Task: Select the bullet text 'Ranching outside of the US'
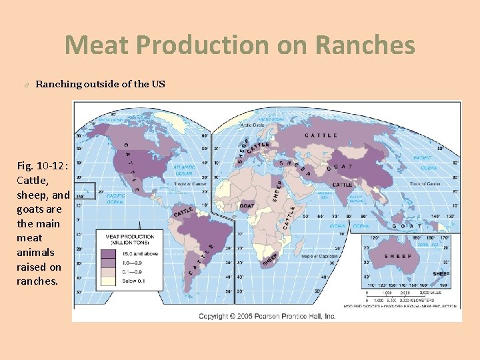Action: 100,84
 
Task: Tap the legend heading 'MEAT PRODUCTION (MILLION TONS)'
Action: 129,239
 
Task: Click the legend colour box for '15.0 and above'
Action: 109,254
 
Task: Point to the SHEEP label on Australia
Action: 396,255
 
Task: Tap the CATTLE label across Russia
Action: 321,135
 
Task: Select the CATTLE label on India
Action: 342,185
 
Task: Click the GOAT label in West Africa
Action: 247,207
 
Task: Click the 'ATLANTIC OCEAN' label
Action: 184,170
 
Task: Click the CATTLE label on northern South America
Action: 183,212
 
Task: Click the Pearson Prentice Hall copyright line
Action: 267,315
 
